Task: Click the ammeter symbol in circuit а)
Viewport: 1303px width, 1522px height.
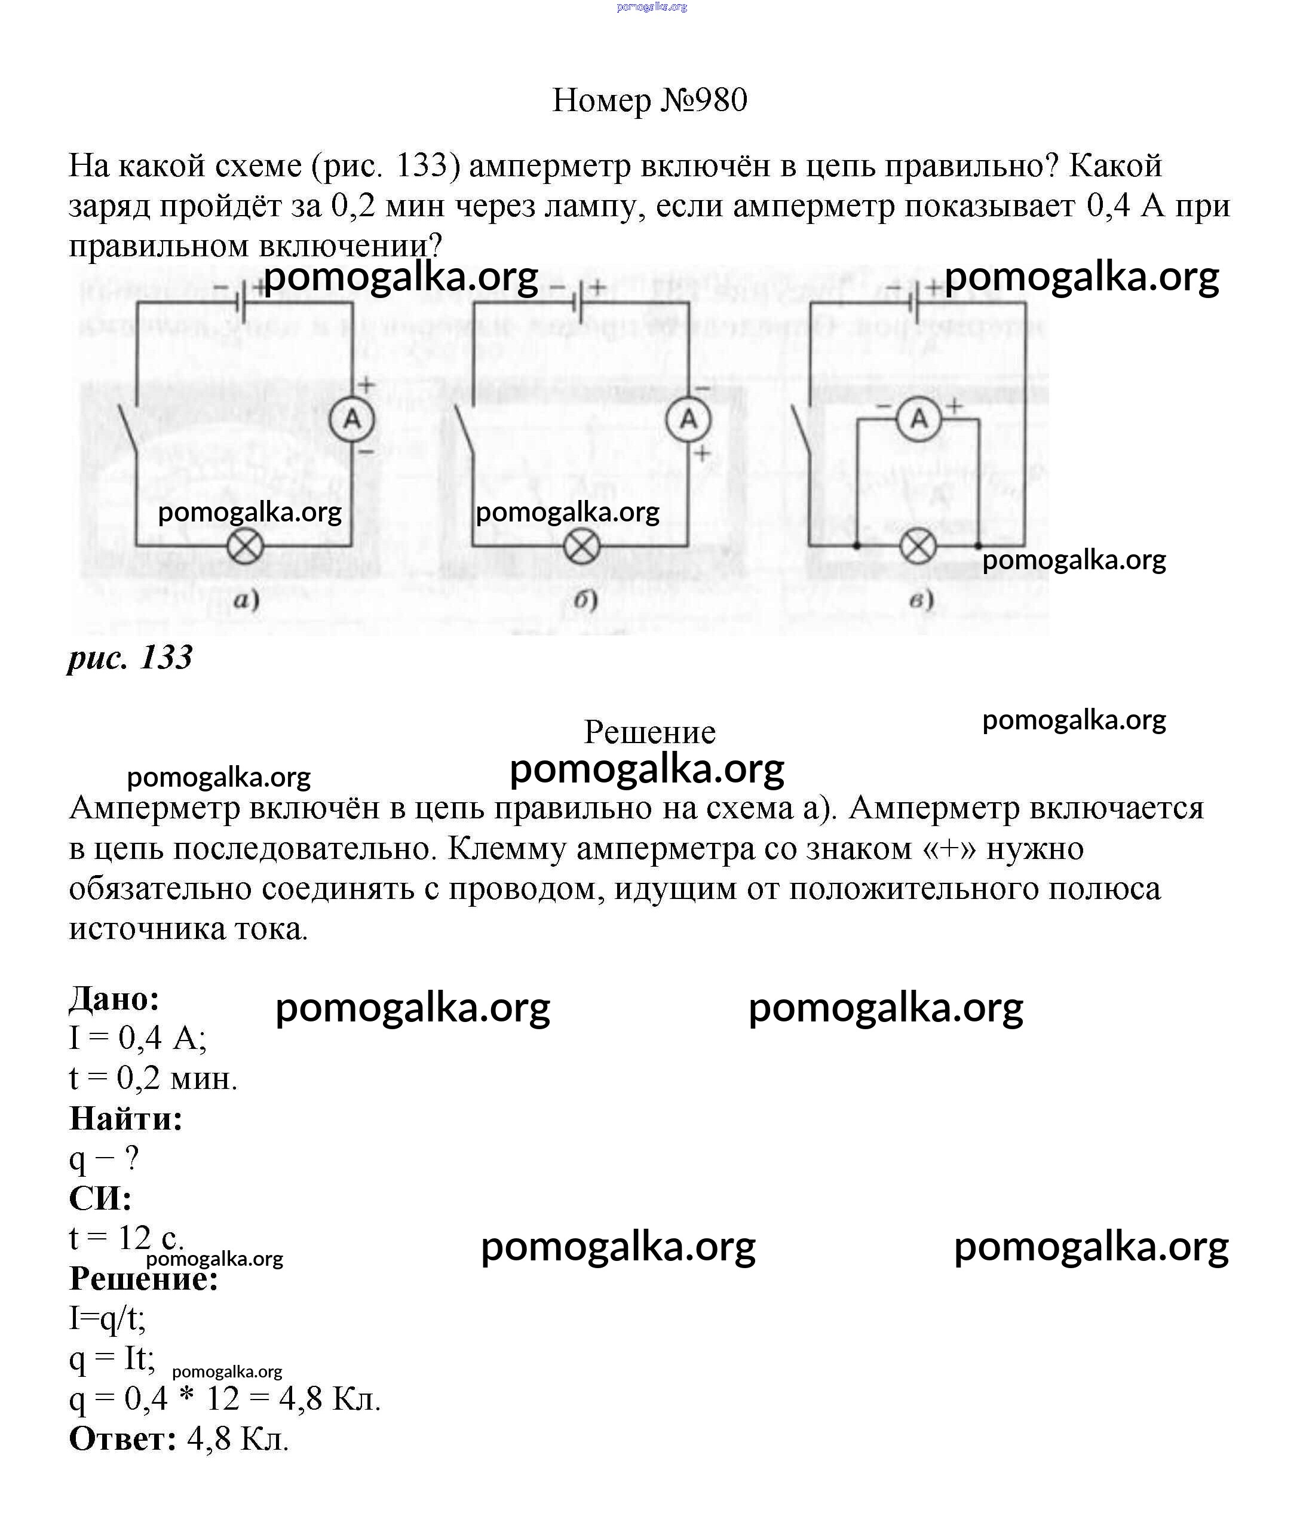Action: coord(352,419)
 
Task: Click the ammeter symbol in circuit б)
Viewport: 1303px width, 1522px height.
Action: coord(688,419)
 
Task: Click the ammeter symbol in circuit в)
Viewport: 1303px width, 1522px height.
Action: coord(919,419)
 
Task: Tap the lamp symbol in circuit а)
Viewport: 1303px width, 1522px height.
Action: coord(246,547)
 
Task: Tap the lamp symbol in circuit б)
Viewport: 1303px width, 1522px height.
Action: coord(582,547)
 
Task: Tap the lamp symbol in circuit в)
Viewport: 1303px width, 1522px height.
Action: coord(918,547)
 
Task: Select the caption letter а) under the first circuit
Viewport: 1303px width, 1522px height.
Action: coord(247,601)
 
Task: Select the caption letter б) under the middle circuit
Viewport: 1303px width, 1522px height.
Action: coord(585,600)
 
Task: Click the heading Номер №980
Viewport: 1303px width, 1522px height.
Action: coord(650,100)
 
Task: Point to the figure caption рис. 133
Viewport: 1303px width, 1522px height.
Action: coord(130,658)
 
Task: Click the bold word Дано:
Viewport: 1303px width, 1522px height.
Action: coord(115,998)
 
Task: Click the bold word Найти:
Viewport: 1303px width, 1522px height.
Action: coord(125,1119)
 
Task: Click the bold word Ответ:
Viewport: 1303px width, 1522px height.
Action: coord(122,1438)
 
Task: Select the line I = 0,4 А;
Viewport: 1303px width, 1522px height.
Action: coord(138,1038)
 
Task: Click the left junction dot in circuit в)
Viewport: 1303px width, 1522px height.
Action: coord(857,546)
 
